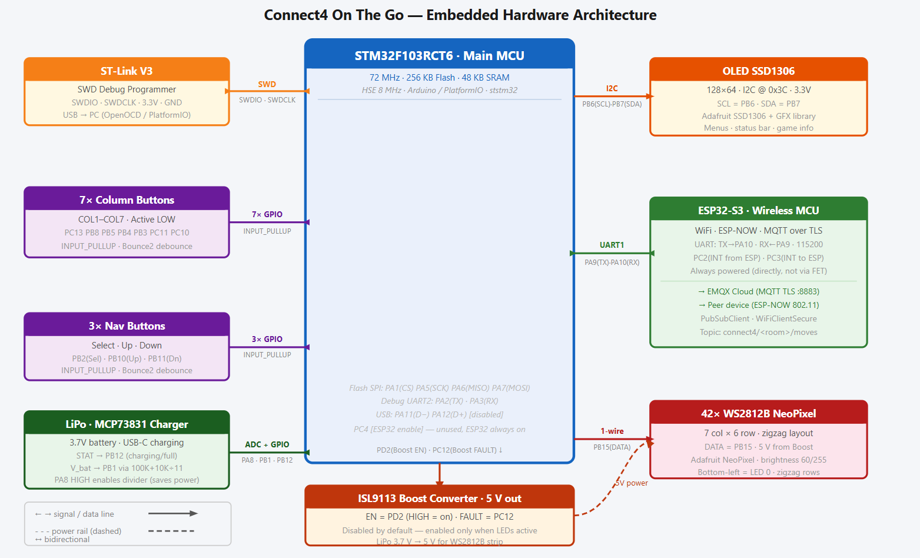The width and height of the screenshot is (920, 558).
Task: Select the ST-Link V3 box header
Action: coord(127,71)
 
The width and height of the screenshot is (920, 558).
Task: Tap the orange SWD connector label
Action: coord(267,84)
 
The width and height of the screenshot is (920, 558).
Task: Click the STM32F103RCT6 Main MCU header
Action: coord(439,55)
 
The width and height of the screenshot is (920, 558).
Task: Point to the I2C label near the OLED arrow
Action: coord(612,88)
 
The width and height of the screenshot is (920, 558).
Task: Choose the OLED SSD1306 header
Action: coord(758,71)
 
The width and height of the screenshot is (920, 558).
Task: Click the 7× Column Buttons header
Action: coord(127,200)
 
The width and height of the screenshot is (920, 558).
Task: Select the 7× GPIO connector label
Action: coord(267,214)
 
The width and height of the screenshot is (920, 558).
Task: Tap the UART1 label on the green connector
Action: coord(612,245)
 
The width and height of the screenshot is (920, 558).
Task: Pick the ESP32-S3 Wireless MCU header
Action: coord(758,210)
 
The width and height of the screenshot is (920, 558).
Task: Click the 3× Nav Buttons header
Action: coord(127,325)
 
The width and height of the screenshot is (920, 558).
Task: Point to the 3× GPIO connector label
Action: coord(267,339)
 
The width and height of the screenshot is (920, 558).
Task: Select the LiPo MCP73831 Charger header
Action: coord(127,424)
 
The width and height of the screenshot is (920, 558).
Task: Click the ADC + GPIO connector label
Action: coord(267,444)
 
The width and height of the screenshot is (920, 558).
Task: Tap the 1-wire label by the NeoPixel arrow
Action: coord(612,431)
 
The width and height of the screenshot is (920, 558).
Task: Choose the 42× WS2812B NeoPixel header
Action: coord(758,413)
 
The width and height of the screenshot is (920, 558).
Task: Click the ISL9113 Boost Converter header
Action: coord(439,498)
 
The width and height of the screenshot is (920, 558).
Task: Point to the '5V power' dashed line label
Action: coord(632,483)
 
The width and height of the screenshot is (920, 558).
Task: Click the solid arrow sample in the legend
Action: coord(172,513)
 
